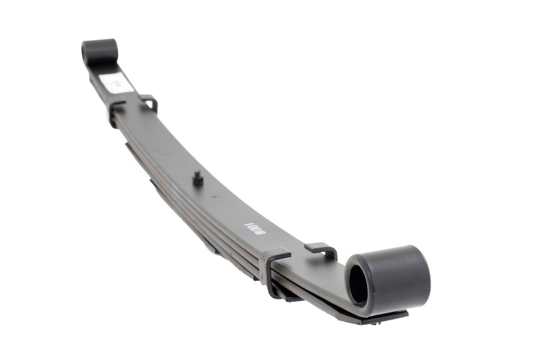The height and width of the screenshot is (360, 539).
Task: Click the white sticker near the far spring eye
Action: tap(116, 82)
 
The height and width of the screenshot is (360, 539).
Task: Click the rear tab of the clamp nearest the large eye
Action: tap(321, 250)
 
